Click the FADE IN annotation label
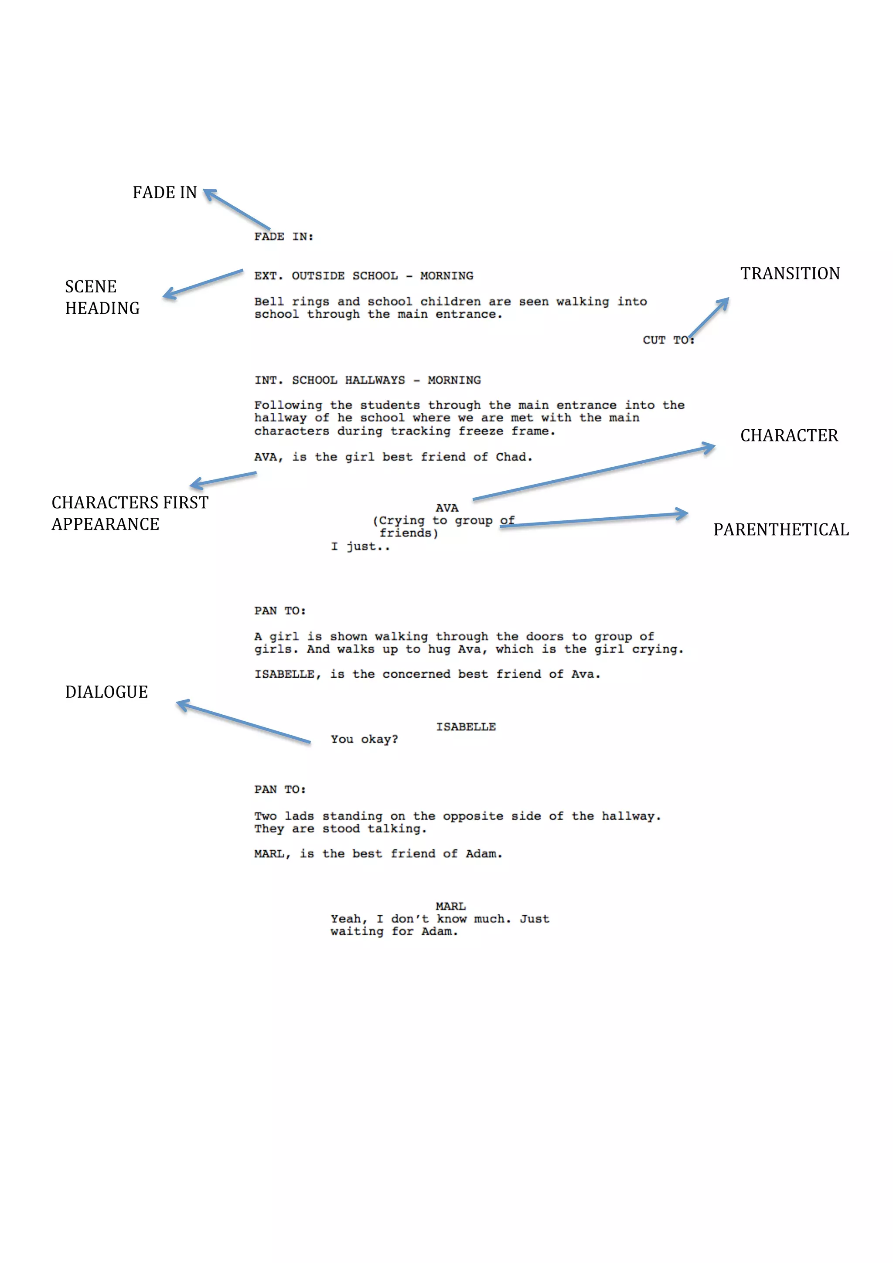(164, 193)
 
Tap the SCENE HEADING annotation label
(102, 297)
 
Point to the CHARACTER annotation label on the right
(789, 436)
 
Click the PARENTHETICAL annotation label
(781, 530)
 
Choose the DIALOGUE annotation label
(107, 692)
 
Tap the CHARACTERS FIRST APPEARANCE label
(130, 513)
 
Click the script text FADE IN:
(283, 237)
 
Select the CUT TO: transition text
(668, 340)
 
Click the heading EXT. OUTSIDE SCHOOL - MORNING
(364, 275)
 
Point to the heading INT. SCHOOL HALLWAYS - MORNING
(368, 380)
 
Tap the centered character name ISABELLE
(466, 727)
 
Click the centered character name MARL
(450, 906)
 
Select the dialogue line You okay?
(364, 739)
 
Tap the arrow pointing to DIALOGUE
(243, 722)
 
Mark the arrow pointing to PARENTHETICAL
(594, 520)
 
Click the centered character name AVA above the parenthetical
(447, 508)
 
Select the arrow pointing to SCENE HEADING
(204, 283)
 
